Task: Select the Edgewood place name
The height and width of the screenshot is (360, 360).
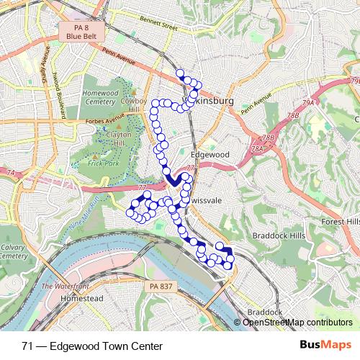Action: click(x=210, y=155)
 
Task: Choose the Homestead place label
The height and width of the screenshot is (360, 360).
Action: click(x=82, y=298)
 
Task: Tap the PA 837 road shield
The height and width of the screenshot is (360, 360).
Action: click(x=162, y=287)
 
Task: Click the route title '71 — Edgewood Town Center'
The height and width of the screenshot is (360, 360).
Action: click(x=91, y=346)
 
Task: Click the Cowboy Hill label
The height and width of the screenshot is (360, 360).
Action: click(x=134, y=105)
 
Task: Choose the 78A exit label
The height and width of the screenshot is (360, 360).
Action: click(x=257, y=148)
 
